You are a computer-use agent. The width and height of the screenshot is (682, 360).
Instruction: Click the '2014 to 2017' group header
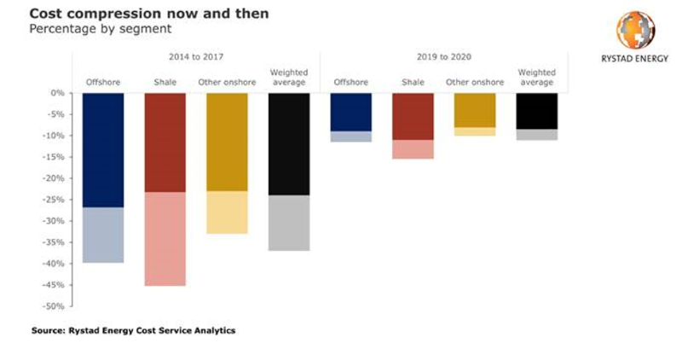point(195,57)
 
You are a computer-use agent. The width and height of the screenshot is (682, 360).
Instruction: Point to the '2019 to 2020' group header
point(443,57)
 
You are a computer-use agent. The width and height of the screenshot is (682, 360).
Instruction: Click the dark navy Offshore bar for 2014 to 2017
point(103,149)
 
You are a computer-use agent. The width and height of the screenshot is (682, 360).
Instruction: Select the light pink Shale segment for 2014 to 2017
point(165,239)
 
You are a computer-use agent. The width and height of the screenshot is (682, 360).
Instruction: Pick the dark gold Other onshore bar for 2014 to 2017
point(227,142)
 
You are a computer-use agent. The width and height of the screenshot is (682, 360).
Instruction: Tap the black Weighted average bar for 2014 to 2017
point(289,143)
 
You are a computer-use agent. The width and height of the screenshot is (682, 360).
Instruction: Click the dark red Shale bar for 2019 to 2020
point(413,116)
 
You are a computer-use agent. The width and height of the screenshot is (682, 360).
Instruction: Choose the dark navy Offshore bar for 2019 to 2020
point(350,112)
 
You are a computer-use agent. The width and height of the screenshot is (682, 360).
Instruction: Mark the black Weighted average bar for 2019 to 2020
point(537,111)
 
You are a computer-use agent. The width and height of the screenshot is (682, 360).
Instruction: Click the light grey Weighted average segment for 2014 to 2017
point(289,223)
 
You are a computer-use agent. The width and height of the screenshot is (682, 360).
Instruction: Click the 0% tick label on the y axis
point(59,93)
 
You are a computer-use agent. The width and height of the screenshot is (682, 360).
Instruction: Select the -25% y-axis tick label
point(56,200)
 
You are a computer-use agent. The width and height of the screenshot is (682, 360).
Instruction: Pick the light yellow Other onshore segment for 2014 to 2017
point(227,212)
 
